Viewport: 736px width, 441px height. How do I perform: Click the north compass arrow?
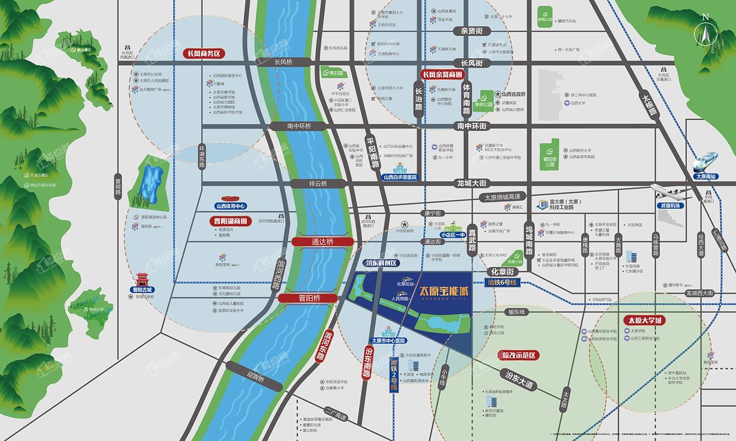(705, 35)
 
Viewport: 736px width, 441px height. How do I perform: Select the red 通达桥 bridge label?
(322, 241)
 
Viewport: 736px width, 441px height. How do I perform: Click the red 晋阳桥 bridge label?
(310, 298)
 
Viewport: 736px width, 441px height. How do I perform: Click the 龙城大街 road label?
(472, 183)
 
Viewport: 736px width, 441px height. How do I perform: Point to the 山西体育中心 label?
(230, 206)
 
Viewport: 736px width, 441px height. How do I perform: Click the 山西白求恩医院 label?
(400, 177)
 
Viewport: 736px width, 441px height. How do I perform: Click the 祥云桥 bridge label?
(317, 183)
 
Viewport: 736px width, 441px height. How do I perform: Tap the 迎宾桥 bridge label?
(256, 379)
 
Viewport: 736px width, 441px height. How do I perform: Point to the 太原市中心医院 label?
(388, 340)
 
